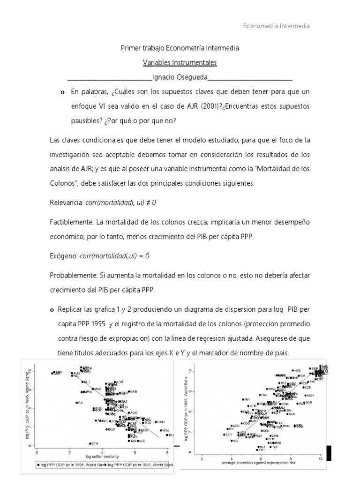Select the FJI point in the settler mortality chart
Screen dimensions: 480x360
(x=76, y=403)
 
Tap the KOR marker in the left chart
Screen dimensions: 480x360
(x=114, y=382)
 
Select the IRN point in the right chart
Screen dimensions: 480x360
(x=243, y=399)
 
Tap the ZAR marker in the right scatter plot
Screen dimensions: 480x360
(x=224, y=435)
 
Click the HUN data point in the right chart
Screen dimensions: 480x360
(x=304, y=395)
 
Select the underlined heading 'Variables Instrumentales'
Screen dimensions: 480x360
(x=180, y=62)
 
